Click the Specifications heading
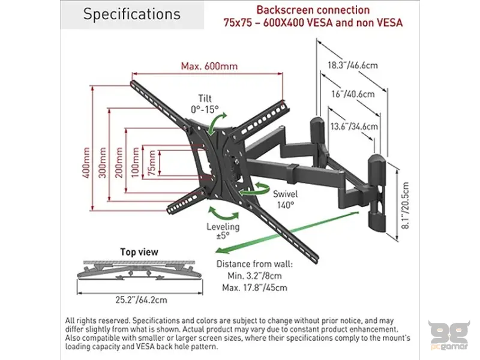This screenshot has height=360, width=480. [131, 14]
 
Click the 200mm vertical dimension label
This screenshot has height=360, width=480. [120, 163]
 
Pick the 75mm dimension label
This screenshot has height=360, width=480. [153, 163]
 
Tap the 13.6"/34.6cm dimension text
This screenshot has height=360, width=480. [354, 126]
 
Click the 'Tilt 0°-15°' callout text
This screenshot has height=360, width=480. [205, 104]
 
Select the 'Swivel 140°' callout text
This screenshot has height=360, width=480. [285, 199]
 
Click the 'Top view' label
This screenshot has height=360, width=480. [139, 251]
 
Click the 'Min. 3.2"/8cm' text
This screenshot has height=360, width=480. [250, 275]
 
